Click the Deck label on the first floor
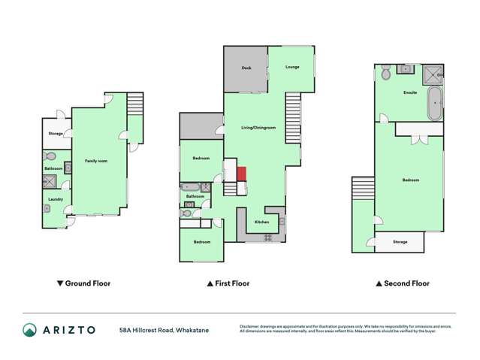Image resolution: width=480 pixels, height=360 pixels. pyautogui.click(x=246, y=68)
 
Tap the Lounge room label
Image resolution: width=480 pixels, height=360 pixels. pyautogui.click(x=292, y=67)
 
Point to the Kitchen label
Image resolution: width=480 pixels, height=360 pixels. pyautogui.click(x=261, y=222)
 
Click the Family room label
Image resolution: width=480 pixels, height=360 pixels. pyautogui.click(x=96, y=161)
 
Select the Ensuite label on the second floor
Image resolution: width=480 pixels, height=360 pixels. pyautogui.click(x=410, y=93)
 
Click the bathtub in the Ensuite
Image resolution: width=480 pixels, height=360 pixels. pyautogui.click(x=434, y=103)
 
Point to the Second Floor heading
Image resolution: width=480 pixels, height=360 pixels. pyautogui.click(x=403, y=283)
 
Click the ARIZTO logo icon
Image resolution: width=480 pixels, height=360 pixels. pyautogui.click(x=29, y=329)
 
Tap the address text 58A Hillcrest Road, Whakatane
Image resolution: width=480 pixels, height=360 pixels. pyautogui.click(x=164, y=329)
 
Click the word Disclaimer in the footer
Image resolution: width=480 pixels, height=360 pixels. pyautogui.click(x=252, y=326)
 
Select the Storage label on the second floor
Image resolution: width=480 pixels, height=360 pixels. pyautogui.click(x=400, y=242)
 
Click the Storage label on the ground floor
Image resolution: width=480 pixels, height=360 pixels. pyautogui.click(x=55, y=134)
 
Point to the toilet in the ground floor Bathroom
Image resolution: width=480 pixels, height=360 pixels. pyautogui.click(x=50, y=156)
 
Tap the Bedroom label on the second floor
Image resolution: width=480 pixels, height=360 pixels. pyautogui.click(x=410, y=180)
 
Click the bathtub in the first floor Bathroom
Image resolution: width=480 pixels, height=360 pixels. pyautogui.click(x=189, y=186)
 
